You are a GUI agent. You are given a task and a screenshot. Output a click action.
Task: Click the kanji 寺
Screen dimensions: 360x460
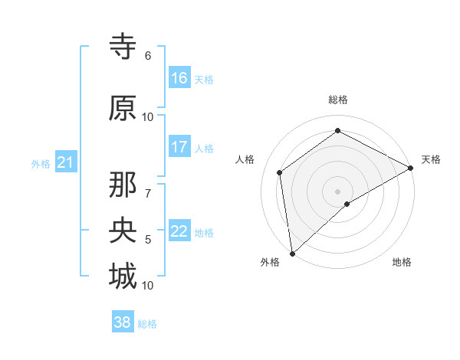click(123, 47)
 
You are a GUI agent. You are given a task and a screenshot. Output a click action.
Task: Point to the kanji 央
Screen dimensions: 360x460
click(123, 230)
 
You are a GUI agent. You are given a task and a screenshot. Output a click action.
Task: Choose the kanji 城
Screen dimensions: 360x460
click(123, 275)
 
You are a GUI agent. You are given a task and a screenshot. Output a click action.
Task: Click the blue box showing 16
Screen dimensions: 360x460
click(179, 77)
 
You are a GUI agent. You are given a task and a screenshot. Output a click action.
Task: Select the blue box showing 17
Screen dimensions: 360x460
click(179, 146)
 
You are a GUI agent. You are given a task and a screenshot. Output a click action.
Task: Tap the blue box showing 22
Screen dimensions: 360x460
click(179, 231)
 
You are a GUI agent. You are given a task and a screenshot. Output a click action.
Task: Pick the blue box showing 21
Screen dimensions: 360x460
click(65, 162)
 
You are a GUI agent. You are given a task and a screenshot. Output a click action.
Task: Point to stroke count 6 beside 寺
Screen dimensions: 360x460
click(147, 56)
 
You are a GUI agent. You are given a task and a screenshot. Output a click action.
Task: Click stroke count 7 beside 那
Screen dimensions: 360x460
click(147, 185)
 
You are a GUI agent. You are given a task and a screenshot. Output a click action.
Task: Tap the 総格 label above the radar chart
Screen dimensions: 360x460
click(337, 100)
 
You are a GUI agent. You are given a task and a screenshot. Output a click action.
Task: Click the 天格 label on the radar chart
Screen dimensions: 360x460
click(431, 159)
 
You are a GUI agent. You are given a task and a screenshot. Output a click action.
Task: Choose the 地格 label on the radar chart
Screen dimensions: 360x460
click(402, 262)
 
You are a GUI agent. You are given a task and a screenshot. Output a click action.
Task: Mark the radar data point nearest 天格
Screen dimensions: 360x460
click(411, 168)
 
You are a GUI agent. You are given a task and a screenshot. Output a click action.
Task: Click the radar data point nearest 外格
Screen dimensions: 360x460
click(292, 253)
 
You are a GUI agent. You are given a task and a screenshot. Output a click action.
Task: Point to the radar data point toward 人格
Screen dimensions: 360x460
click(280, 172)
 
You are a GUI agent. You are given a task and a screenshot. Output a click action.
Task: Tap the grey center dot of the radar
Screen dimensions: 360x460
click(337, 191)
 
